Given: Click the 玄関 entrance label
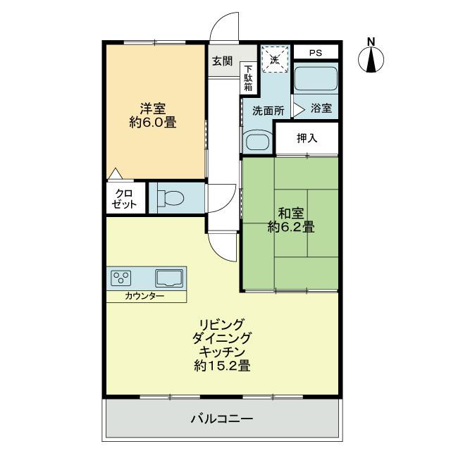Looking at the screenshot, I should click(x=222, y=61).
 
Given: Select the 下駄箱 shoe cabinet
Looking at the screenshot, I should click(x=248, y=75).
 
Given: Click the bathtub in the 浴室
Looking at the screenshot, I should click(x=315, y=80).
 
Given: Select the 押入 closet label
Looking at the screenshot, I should click(x=307, y=138).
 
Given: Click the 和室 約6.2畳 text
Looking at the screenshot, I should click(x=290, y=219).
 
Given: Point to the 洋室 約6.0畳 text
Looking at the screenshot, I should click(x=152, y=115).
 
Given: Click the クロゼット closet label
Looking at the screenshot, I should click(x=125, y=197).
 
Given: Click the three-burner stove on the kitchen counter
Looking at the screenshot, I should click(x=122, y=278).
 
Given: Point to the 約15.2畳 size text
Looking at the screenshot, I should click(x=222, y=366).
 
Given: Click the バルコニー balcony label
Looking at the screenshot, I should click(x=222, y=419).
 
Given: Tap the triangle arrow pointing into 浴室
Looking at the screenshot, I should click(x=298, y=109).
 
